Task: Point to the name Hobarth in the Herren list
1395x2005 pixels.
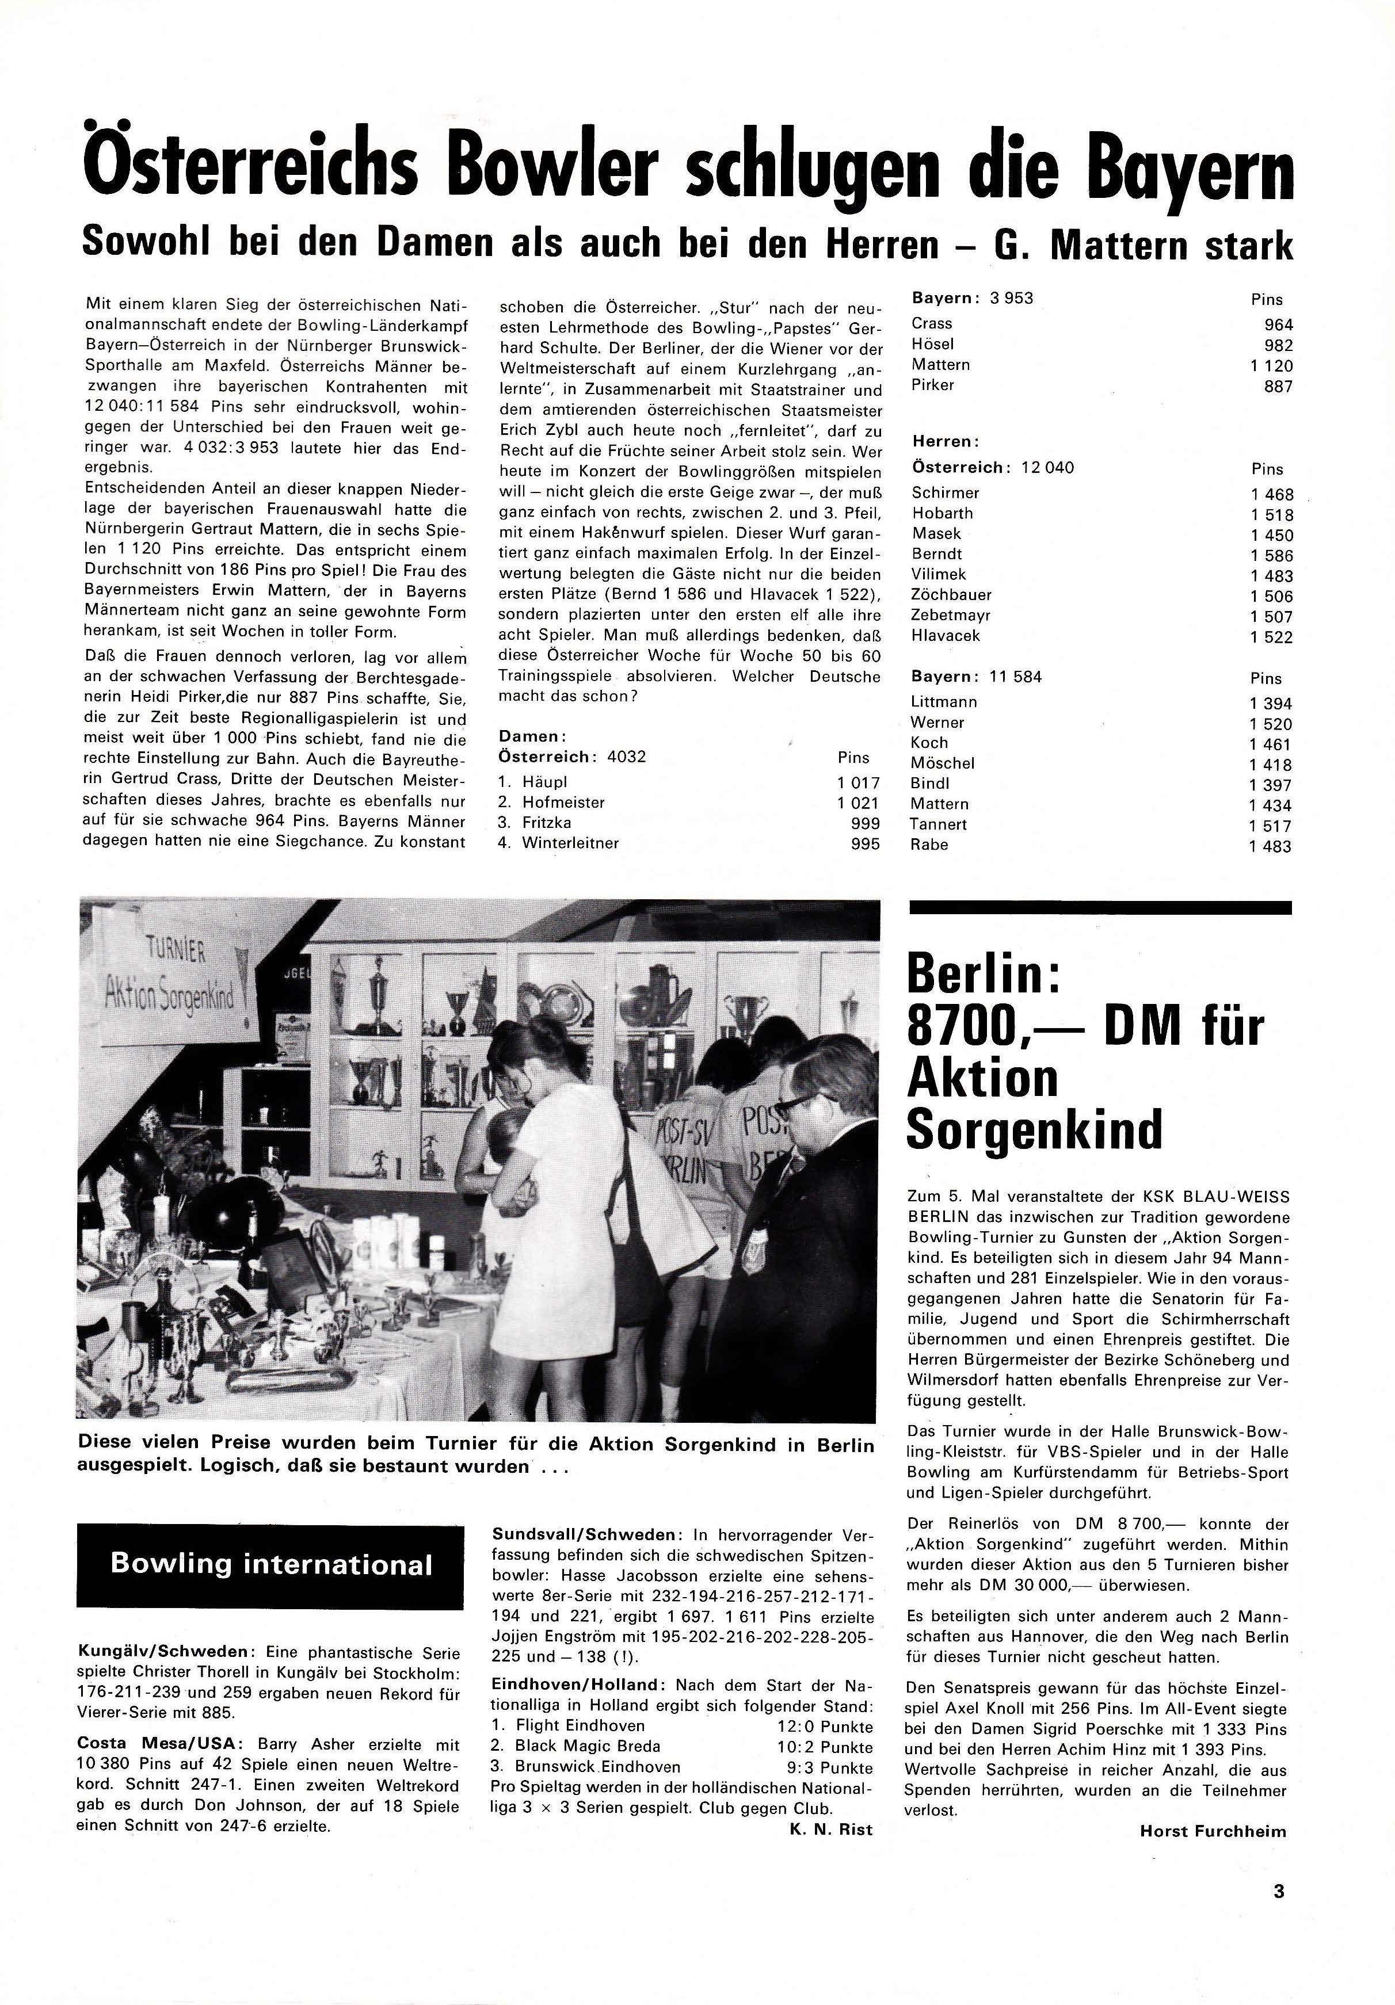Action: (x=943, y=513)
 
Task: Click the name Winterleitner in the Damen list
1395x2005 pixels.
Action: (x=570, y=843)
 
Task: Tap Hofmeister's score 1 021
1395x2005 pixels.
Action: (x=858, y=803)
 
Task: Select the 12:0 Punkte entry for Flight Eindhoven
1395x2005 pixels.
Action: (x=825, y=1727)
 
